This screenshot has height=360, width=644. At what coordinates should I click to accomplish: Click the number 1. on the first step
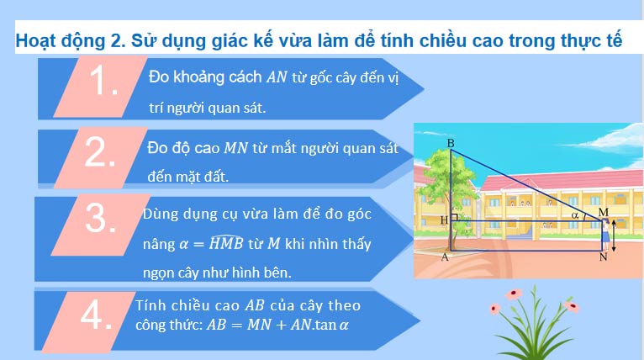pos(104,83)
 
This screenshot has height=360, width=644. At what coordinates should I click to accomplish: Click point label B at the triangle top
pos(451,144)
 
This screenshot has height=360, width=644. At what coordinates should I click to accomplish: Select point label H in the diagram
pos(443,220)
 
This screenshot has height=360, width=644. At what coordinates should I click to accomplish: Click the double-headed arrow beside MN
pos(613,236)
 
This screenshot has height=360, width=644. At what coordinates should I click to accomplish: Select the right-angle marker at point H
pos(454,217)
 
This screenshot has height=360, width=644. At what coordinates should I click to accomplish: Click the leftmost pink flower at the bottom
pos(513,293)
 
